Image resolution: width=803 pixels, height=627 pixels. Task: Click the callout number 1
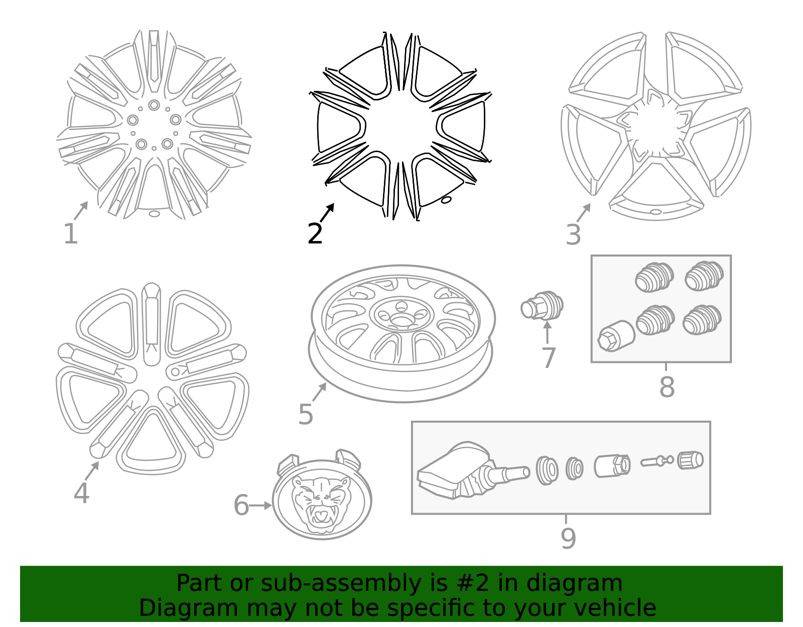point(71,233)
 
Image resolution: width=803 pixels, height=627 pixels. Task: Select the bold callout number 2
point(315,233)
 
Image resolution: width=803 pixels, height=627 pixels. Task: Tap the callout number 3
point(573,234)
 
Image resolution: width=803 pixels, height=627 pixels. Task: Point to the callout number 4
point(81,493)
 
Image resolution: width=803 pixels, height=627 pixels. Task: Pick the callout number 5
point(306,414)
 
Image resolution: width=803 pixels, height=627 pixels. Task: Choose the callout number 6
point(241,505)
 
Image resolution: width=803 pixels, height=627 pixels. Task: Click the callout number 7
point(549,357)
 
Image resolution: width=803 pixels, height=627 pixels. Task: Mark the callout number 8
point(666,387)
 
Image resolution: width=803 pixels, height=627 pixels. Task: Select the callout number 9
point(568,538)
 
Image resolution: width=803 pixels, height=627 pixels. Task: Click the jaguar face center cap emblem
point(322,497)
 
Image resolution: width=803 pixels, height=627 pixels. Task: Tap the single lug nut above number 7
point(542,306)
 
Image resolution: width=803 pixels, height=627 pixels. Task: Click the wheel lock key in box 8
point(616,336)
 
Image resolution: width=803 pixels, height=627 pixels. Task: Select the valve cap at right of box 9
point(690,460)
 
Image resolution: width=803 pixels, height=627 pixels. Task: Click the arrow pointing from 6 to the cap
point(261,506)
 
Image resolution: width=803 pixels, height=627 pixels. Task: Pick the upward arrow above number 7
point(547,332)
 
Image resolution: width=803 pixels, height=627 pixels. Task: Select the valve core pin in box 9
point(657,461)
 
